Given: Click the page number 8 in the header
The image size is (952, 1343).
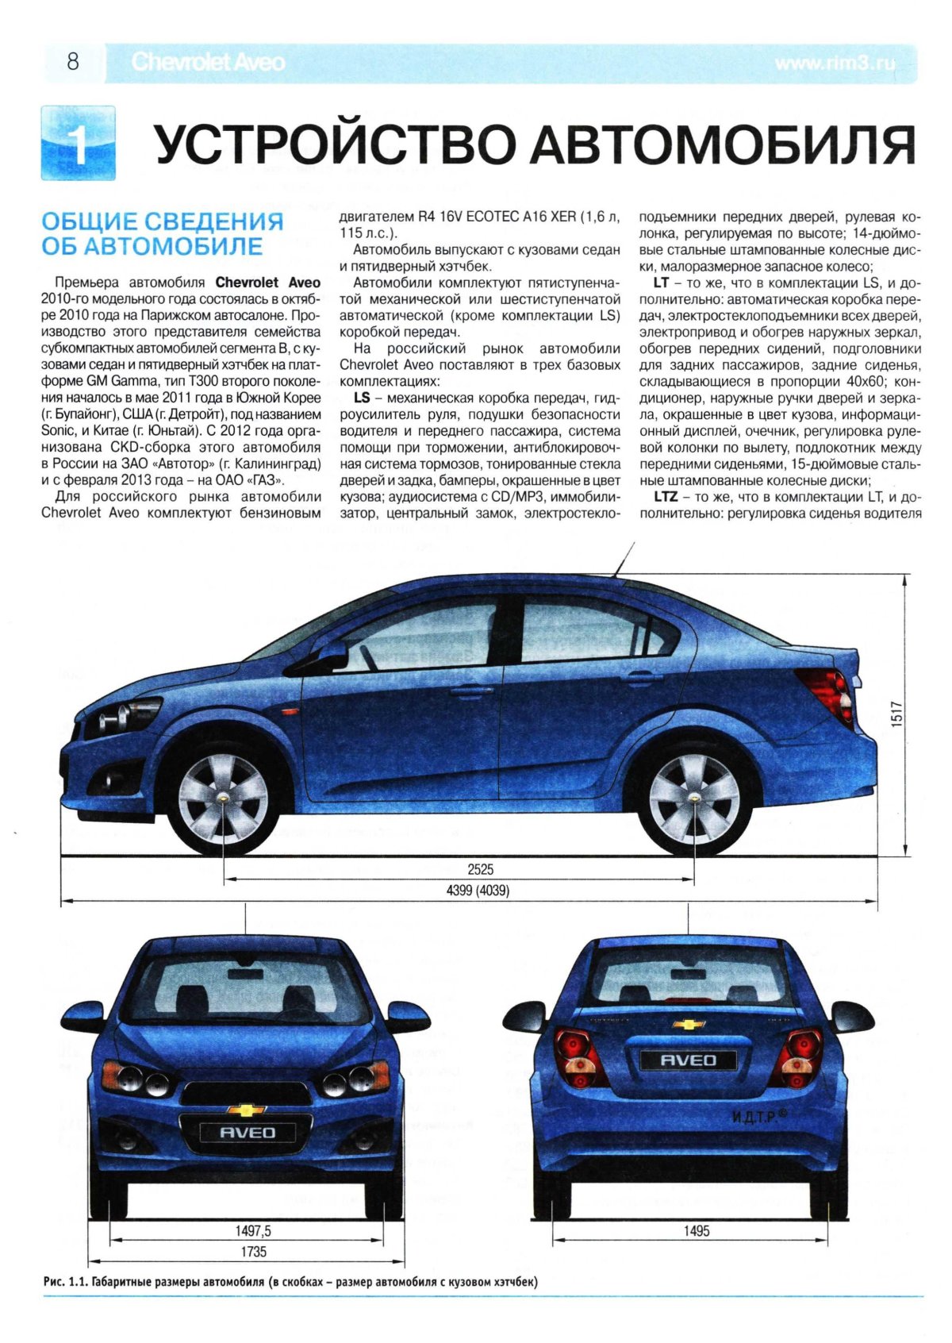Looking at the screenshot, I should click(73, 62).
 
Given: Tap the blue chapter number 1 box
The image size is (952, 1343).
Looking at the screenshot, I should click(77, 142).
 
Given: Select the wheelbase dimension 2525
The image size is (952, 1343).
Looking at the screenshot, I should click(480, 868).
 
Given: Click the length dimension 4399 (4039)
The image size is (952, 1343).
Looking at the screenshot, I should click(478, 891).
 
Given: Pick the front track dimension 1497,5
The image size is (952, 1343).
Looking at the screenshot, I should click(253, 1230).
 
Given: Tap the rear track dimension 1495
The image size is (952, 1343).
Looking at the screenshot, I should click(696, 1230).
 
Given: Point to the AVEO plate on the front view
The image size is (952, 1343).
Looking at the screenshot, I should click(247, 1133).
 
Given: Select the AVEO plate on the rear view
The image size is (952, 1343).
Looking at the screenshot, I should click(689, 1060).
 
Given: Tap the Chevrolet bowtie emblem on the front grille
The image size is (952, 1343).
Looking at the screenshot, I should click(247, 1110).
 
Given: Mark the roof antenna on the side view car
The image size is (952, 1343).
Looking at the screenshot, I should click(624, 557).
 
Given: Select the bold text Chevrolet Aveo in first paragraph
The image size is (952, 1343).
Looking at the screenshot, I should click(268, 283).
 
